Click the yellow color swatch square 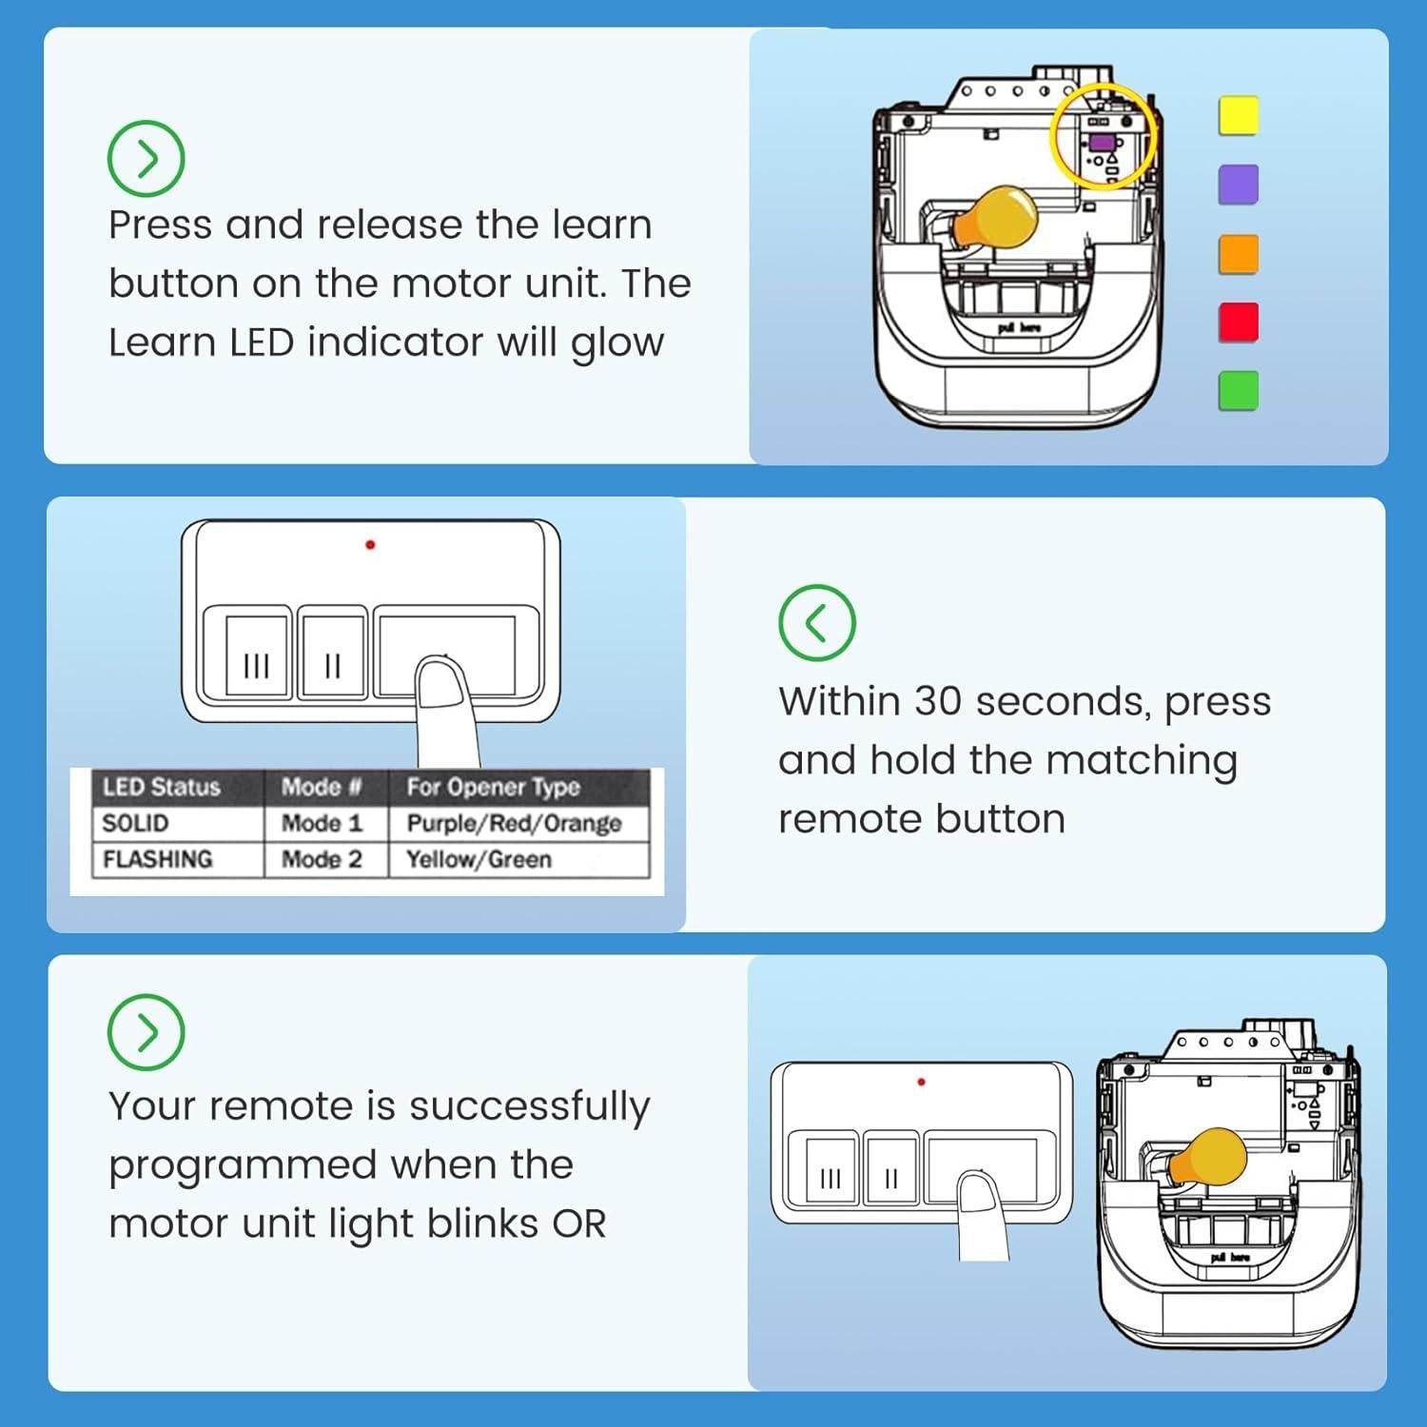tap(1239, 115)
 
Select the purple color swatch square tap(1239, 185)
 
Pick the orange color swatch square tap(1239, 254)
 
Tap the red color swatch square tap(1239, 322)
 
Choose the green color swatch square tap(1239, 390)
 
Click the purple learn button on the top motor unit tap(1104, 143)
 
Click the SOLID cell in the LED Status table tap(178, 824)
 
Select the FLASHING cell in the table tap(178, 859)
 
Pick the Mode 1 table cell tap(325, 824)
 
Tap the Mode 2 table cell tap(325, 859)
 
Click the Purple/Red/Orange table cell tap(518, 824)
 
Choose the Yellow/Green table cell tap(518, 859)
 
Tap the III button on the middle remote tap(257, 656)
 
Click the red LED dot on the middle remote tap(370, 545)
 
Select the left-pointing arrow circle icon tap(817, 623)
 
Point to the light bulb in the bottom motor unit tap(1206, 1158)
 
